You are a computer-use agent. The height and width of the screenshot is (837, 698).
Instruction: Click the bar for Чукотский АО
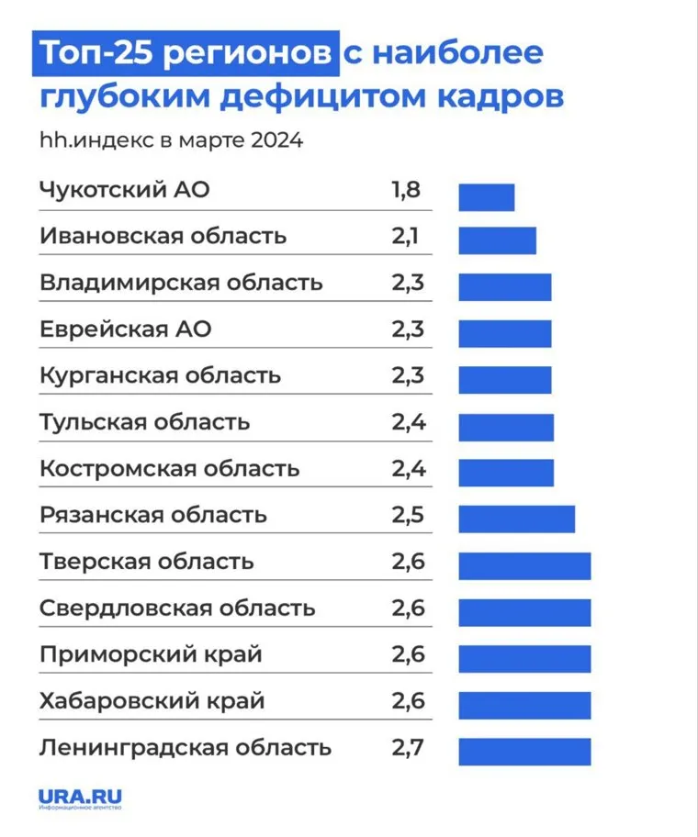coord(487,197)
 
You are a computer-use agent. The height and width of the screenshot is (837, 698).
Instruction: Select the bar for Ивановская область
coord(497,240)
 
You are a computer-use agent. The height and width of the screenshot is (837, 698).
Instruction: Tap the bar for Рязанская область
coord(516,519)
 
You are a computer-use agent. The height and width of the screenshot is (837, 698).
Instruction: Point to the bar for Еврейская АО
coord(505,333)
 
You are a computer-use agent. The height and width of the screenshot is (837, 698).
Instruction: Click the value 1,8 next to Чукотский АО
coord(406,191)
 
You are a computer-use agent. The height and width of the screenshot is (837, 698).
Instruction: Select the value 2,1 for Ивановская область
coord(406,236)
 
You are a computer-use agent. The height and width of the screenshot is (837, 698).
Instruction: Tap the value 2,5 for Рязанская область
coord(408,514)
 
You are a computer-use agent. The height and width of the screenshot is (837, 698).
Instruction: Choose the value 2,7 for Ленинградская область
coord(408,746)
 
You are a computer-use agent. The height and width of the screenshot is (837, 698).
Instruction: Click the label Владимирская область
coord(181,283)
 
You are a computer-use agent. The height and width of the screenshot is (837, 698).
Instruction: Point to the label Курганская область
coord(161,375)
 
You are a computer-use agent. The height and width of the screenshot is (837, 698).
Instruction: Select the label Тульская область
coord(145,422)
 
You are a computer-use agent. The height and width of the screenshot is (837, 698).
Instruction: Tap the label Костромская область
coord(170,468)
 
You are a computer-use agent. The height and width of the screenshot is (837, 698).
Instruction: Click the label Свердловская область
coord(177,608)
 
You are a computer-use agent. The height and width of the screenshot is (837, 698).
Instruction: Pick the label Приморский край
coord(152,654)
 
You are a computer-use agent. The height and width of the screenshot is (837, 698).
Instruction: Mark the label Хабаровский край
coord(152,701)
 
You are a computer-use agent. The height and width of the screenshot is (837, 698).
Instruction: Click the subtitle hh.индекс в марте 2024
coord(171,142)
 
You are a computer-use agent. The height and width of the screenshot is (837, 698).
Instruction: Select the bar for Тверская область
coord(524,565)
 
